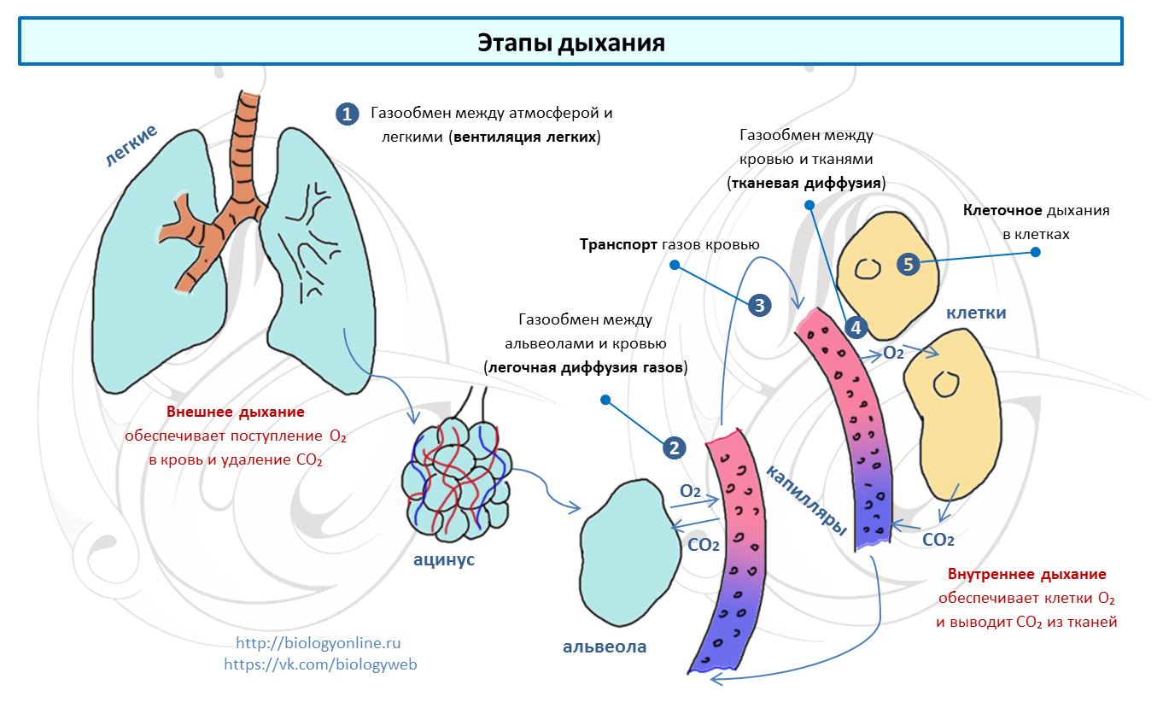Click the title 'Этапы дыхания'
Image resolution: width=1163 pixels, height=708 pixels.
(570, 43)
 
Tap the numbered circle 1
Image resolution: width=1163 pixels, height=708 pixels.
(347, 114)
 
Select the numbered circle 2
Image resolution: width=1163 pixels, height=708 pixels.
(674, 448)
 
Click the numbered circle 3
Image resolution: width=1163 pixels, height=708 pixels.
(760, 304)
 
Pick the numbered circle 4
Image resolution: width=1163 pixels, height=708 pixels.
(856, 327)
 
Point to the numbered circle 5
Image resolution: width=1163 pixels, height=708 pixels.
(908, 265)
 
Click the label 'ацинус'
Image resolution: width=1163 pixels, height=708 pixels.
(444, 560)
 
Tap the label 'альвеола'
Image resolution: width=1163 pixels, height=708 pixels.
(605, 647)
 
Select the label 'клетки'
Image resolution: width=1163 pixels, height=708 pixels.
(976, 313)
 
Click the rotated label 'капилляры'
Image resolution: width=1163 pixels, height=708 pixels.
(806, 500)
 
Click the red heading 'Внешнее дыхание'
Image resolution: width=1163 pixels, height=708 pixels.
(236, 412)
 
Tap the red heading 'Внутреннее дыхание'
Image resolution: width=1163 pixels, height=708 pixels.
(1026, 574)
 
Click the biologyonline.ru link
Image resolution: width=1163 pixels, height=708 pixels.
(318, 643)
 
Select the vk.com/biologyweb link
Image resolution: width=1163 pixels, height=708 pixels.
(320, 664)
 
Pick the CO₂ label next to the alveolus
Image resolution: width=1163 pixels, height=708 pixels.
(703, 544)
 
